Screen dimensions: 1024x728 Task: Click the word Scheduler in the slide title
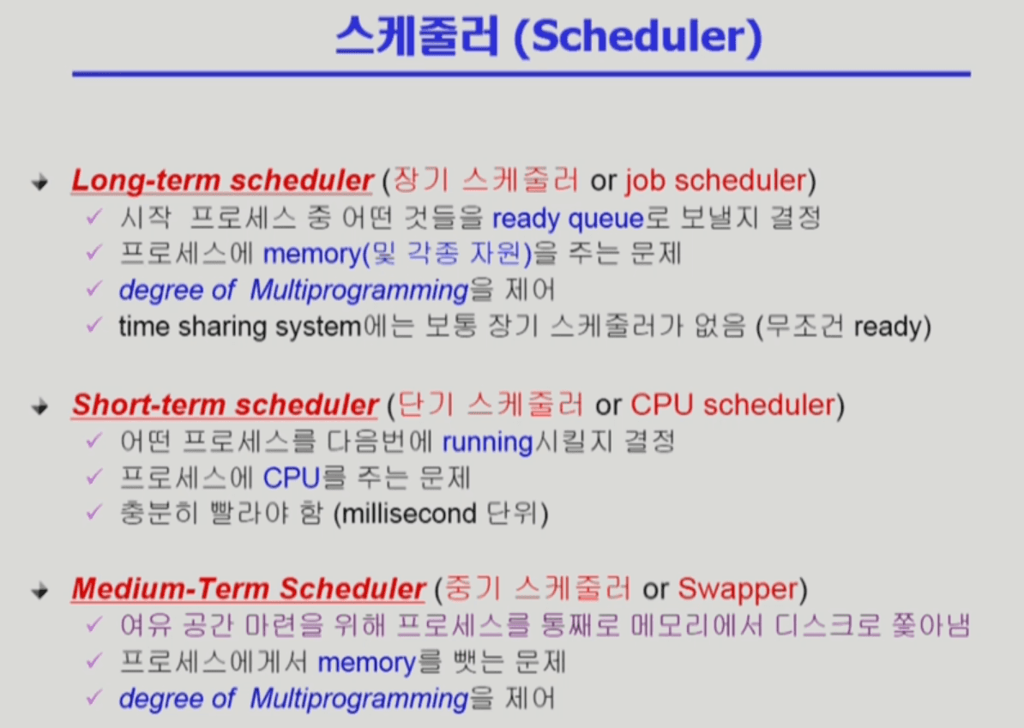point(638,36)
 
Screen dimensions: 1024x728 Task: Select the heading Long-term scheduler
point(223,181)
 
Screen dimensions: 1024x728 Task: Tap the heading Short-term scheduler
point(226,405)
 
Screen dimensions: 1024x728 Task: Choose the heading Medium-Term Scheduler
point(249,589)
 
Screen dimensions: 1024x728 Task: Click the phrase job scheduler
point(716,182)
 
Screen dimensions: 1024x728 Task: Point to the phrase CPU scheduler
point(732,405)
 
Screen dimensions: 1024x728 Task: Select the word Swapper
point(738,590)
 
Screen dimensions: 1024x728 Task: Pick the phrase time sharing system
point(239,327)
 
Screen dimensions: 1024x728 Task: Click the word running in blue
point(488,442)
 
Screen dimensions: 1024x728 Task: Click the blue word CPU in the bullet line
point(292,478)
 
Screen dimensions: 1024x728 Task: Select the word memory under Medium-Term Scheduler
point(366,664)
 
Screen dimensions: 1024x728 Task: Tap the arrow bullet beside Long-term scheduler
point(39,182)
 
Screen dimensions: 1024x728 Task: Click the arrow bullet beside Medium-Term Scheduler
point(39,591)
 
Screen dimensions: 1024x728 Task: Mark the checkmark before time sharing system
point(94,324)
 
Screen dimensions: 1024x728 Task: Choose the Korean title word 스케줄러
point(418,36)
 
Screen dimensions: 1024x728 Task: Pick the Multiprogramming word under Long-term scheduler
point(359,291)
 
